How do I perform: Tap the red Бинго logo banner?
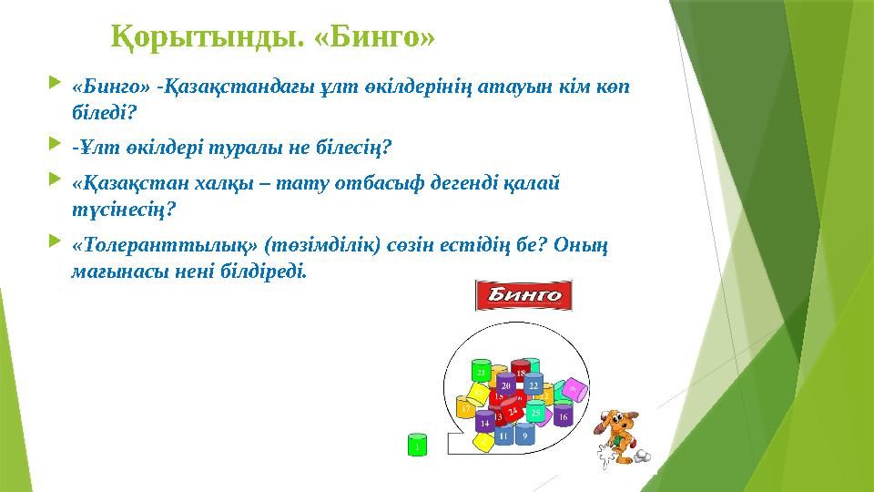523,295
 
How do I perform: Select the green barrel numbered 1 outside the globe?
416,446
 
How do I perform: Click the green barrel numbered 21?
481,374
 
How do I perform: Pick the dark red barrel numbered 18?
521,373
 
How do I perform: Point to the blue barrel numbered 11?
503,436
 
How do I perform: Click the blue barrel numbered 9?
524,436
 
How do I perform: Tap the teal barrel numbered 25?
537,414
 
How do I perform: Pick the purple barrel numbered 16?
564,415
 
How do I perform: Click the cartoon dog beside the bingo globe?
618,434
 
